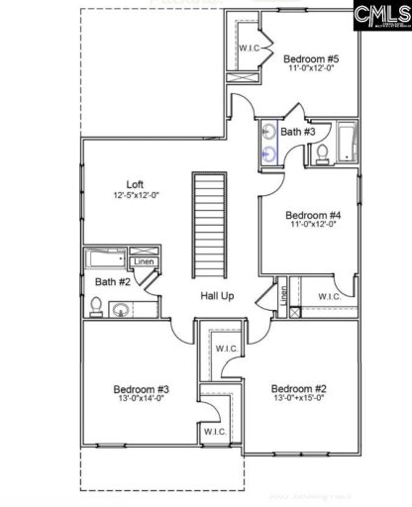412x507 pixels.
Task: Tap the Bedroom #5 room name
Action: [308, 57]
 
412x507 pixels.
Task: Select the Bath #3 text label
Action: [297, 131]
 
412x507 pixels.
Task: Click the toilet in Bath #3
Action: [322, 152]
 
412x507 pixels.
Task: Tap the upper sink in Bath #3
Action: [269, 132]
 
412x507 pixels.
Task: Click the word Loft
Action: [136, 183]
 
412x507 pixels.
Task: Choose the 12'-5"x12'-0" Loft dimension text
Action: [136, 195]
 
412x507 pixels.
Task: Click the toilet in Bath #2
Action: [96, 308]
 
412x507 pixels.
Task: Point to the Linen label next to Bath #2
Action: [144, 262]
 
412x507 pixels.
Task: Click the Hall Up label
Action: [217, 296]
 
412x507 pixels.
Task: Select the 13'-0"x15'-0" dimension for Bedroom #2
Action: [298, 400]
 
